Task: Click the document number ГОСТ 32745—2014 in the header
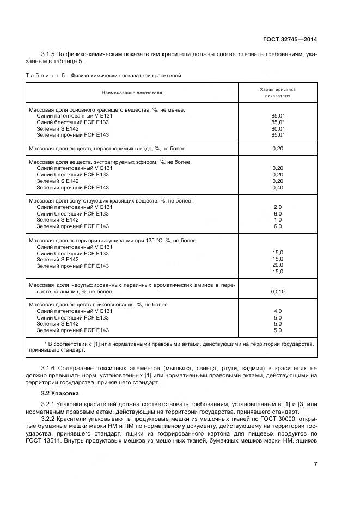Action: coord(289,39)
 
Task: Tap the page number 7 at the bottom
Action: coord(315,464)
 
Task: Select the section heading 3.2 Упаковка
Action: coord(60,393)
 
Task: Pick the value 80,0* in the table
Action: coord(277,128)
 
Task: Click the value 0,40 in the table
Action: coord(277,187)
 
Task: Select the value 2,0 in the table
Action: coord(277,207)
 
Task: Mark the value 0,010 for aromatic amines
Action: coord(277,292)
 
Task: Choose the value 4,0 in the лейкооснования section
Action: coord(277,311)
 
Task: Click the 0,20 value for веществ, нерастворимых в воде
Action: coord(277,148)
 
